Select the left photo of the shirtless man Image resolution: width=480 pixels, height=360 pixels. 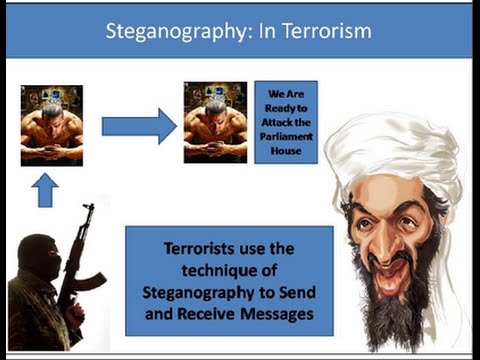tap(52, 125)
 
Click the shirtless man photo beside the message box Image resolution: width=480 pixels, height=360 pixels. tap(215, 122)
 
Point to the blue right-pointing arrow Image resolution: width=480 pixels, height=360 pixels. tap(139, 126)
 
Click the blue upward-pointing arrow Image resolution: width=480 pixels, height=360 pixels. tap(46, 189)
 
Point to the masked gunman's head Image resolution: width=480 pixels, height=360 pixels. tap(39, 256)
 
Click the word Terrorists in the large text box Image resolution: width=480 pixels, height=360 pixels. tap(200, 247)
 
